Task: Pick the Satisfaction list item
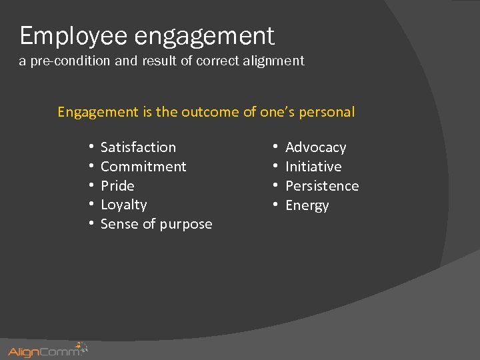(138, 147)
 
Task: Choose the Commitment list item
(143, 167)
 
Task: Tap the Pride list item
(117, 186)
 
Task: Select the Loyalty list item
(123, 205)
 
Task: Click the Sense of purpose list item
(156, 224)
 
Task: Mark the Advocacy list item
(315, 147)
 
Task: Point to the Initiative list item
(313, 167)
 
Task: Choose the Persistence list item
(322, 186)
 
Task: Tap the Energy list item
(307, 205)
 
